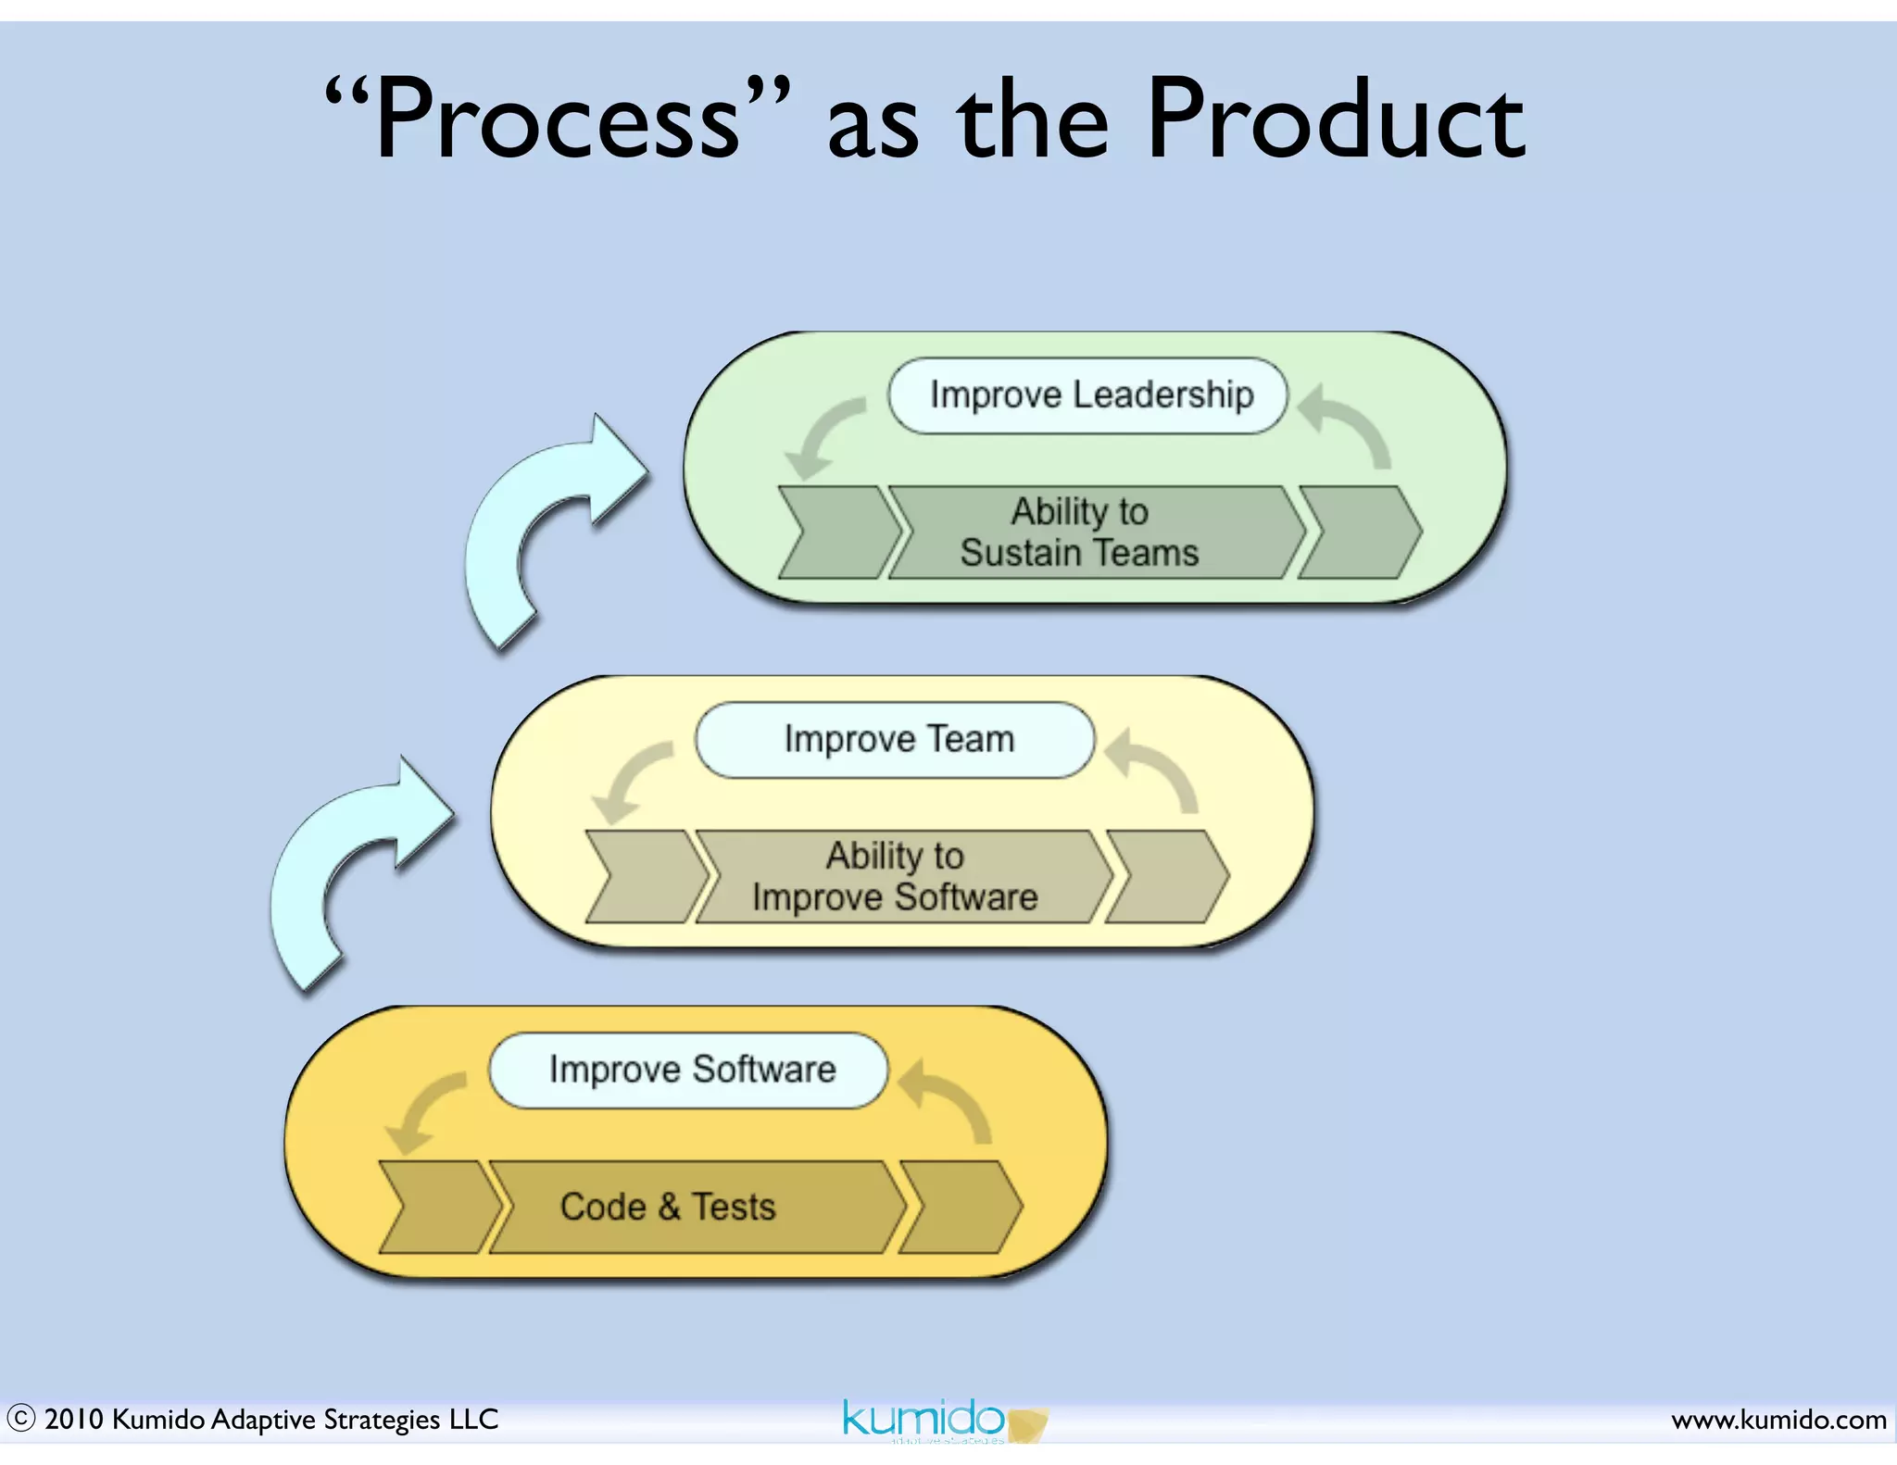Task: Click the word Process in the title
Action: click(556, 120)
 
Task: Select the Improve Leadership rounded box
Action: click(1088, 395)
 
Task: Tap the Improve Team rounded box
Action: click(896, 740)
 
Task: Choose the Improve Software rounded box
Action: click(689, 1071)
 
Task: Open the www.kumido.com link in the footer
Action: click(1778, 1419)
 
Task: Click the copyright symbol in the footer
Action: click(20, 1419)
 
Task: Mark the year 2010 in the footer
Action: click(73, 1419)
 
